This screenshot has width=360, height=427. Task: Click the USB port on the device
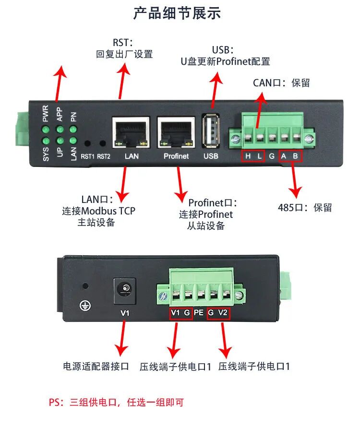[211, 130]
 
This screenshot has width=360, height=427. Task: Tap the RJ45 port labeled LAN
[132, 132]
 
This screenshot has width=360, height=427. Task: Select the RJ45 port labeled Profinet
[176, 132]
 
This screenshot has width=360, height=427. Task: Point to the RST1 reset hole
[88, 143]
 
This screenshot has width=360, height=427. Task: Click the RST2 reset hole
[102, 143]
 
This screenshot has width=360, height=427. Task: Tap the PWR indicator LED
[45, 130]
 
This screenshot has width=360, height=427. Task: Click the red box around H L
[253, 156]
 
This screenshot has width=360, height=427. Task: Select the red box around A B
[290, 156]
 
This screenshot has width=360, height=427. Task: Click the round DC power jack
[125, 289]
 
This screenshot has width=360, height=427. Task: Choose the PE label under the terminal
[200, 313]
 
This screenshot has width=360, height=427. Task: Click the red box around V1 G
[181, 313]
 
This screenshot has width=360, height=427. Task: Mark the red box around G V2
[218, 313]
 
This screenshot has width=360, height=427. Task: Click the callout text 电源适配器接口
[96, 367]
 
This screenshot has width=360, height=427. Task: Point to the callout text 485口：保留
[305, 208]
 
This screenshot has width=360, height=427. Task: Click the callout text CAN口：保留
[281, 83]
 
